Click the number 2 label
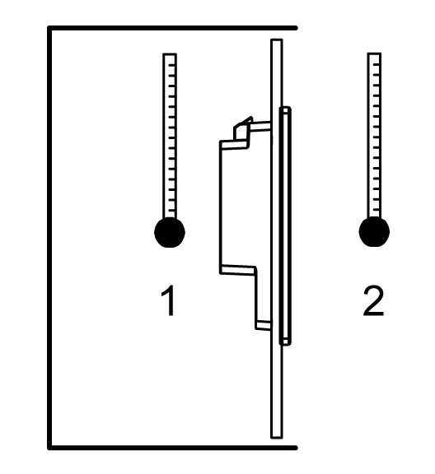373,301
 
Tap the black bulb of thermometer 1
170,232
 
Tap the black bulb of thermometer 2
374,231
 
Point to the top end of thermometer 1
170,54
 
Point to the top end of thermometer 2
374,53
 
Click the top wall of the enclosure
172,28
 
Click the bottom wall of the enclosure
172,448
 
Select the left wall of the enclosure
49,238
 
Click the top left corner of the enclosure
49,28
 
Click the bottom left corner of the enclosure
49,448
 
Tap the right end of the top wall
296,28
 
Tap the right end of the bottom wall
296,448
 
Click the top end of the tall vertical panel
277,39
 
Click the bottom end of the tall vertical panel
277,437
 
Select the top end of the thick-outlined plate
285,108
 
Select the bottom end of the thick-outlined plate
285,344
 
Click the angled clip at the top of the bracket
243,128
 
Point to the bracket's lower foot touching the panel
264,325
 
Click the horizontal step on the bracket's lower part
238,270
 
